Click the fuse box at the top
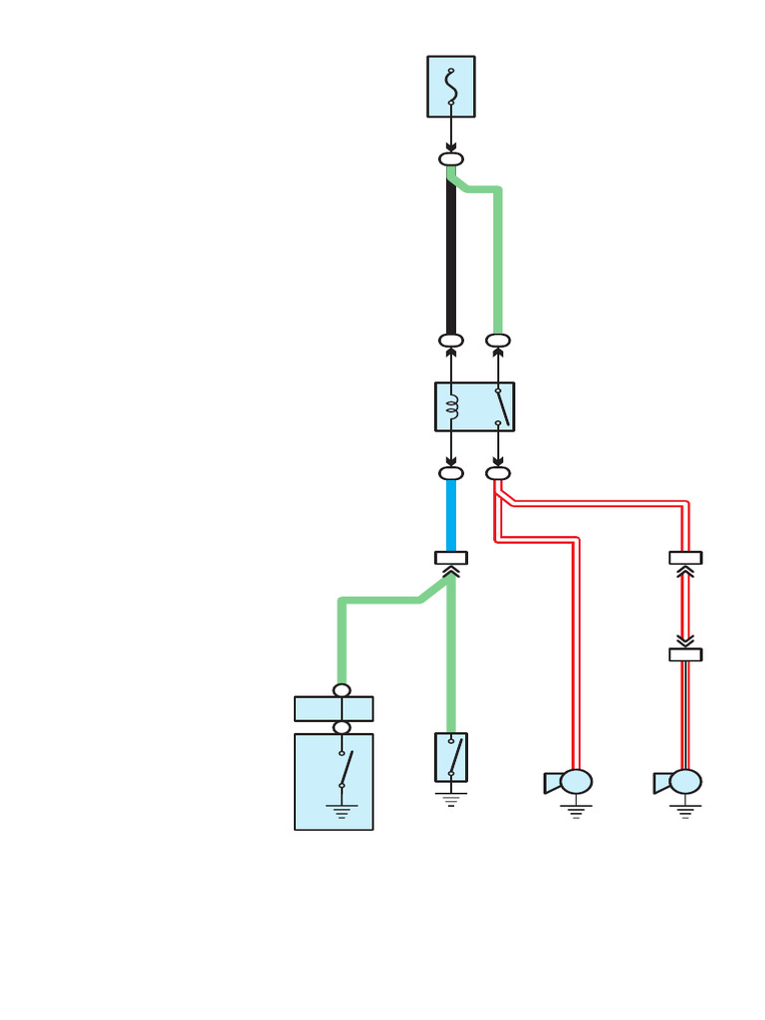[451, 87]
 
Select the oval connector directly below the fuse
[451, 159]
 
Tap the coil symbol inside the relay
[451, 406]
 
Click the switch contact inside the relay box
[503, 406]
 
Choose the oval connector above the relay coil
[451, 341]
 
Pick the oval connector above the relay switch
[498, 341]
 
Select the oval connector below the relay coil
[451, 473]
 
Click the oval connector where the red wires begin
[498, 473]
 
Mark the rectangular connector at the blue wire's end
[451, 558]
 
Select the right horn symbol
[679, 782]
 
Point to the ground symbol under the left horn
[576, 810]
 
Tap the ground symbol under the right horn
[685, 810]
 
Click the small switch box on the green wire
[451, 757]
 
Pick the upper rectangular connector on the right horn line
[685, 558]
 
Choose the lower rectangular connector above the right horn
[685, 654]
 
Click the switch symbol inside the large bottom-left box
[345, 769]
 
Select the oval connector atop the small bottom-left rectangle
[342, 690]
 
